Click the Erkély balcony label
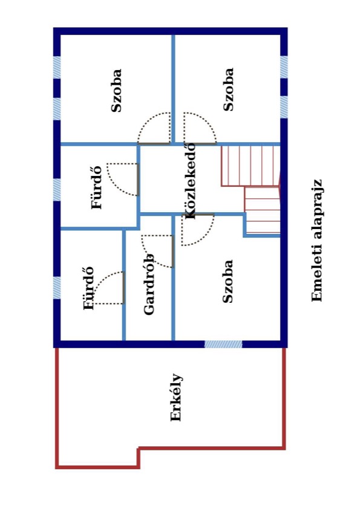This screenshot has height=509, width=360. (x=176, y=398)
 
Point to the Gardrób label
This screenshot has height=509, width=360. (x=149, y=284)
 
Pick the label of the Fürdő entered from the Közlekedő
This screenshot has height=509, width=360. (x=96, y=187)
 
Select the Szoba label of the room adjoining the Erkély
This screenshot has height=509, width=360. (x=227, y=282)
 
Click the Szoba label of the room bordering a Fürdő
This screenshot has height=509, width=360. (x=116, y=91)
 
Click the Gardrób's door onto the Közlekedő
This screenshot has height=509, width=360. (x=172, y=251)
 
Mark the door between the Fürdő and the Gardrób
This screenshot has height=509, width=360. (x=123, y=288)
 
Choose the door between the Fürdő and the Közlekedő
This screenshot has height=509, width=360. (x=137, y=180)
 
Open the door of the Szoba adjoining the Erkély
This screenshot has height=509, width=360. (x=197, y=215)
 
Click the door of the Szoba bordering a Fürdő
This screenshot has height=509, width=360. (x=154, y=143)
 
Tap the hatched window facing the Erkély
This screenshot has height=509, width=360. (x=223, y=344)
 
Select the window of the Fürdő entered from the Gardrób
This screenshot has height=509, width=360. (x=57, y=288)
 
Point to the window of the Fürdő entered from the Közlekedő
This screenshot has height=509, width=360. (x=57, y=190)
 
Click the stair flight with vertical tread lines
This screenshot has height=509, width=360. (x=250, y=166)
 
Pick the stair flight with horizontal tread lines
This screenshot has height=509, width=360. (x=262, y=210)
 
